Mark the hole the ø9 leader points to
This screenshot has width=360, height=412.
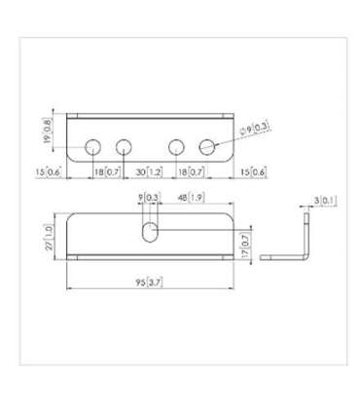[x=206, y=147]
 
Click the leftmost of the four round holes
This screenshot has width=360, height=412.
[x=91, y=147]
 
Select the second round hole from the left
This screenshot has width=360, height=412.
[x=124, y=147]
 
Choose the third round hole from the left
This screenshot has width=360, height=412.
[x=175, y=147]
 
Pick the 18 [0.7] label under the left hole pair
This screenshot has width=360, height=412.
[x=107, y=171]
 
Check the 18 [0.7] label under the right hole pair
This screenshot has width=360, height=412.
[x=191, y=171]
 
